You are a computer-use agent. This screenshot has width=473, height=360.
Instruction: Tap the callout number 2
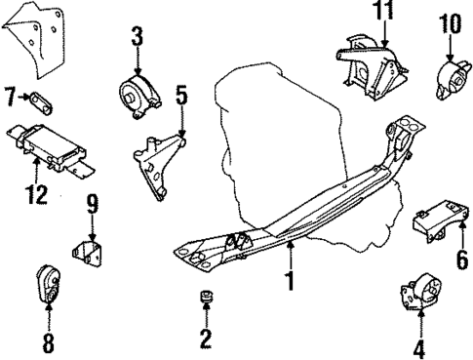pos(206,340)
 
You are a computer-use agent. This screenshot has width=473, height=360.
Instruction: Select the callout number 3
pos(138,39)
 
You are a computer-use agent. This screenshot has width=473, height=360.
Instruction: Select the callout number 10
pos(449,21)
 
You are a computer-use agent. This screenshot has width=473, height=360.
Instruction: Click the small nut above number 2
pos(206,296)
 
